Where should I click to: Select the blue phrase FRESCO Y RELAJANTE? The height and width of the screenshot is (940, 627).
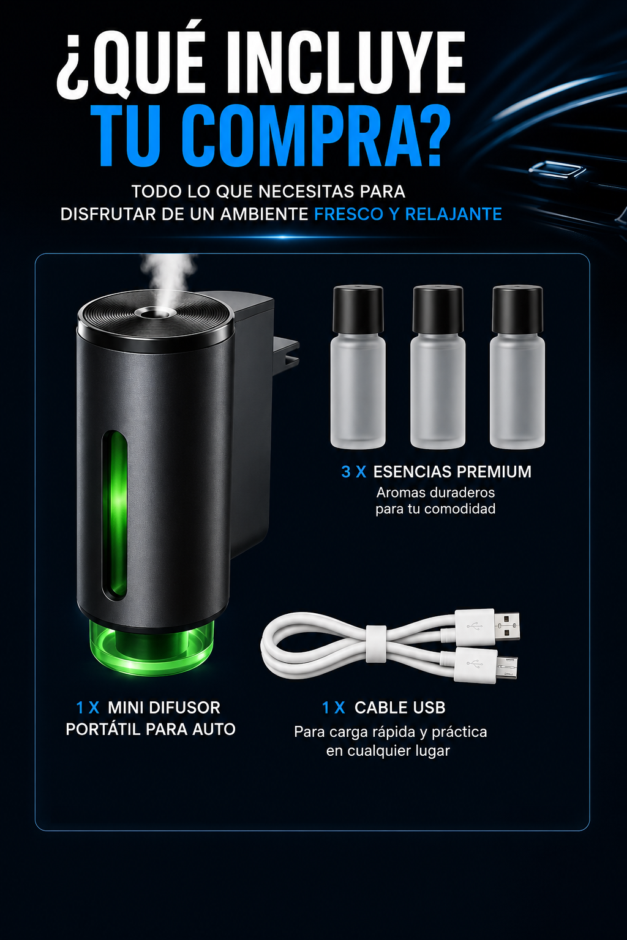pos(408,214)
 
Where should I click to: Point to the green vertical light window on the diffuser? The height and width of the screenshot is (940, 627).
pos(115,513)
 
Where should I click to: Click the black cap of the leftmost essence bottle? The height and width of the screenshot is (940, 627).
pos(358,309)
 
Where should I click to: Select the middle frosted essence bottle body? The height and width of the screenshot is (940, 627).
pos(438,390)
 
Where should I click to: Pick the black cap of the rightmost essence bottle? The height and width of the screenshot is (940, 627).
pos(517,309)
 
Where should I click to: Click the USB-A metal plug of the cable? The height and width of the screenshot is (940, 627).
pos(507,626)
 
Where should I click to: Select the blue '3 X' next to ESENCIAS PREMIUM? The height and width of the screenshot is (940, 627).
pos(354,472)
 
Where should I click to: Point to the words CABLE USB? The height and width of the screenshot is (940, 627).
pos(400,707)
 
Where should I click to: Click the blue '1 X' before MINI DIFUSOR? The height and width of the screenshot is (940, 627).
pos(88,707)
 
